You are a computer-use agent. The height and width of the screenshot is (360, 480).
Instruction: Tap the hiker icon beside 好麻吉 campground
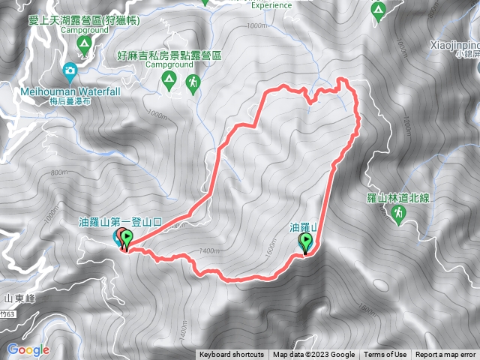[193, 83]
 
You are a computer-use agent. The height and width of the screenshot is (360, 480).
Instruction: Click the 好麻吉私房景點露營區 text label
[169, 55]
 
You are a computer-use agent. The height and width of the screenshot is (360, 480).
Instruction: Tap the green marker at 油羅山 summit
[306, 241]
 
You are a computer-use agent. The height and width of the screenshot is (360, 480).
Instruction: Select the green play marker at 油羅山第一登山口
[127, 238]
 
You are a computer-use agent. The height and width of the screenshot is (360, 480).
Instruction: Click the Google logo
[28, 349]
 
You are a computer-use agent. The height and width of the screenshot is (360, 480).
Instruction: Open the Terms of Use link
[385, 355]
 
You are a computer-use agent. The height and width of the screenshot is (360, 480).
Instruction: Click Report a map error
[446, 355]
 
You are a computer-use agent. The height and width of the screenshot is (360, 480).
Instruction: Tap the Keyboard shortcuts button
[232, 355]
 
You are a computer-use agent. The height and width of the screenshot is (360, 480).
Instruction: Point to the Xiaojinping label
[454, 44]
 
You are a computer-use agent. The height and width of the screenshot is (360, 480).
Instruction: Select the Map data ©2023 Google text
[314, 355]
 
